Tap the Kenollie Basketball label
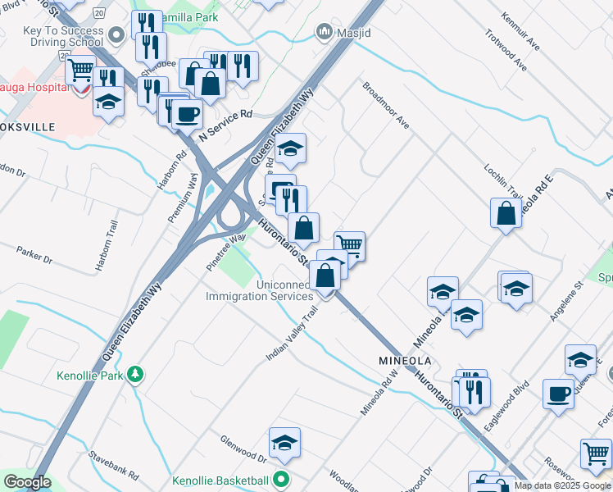pos(220,481)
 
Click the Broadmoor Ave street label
pos(385,105)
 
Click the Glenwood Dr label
pos(243,450)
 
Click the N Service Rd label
pos(225,125)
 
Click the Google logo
pos(27,482)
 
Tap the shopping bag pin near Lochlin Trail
pos(506,213)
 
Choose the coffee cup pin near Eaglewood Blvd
pos(558,394)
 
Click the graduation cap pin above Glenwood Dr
pos(284,443)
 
